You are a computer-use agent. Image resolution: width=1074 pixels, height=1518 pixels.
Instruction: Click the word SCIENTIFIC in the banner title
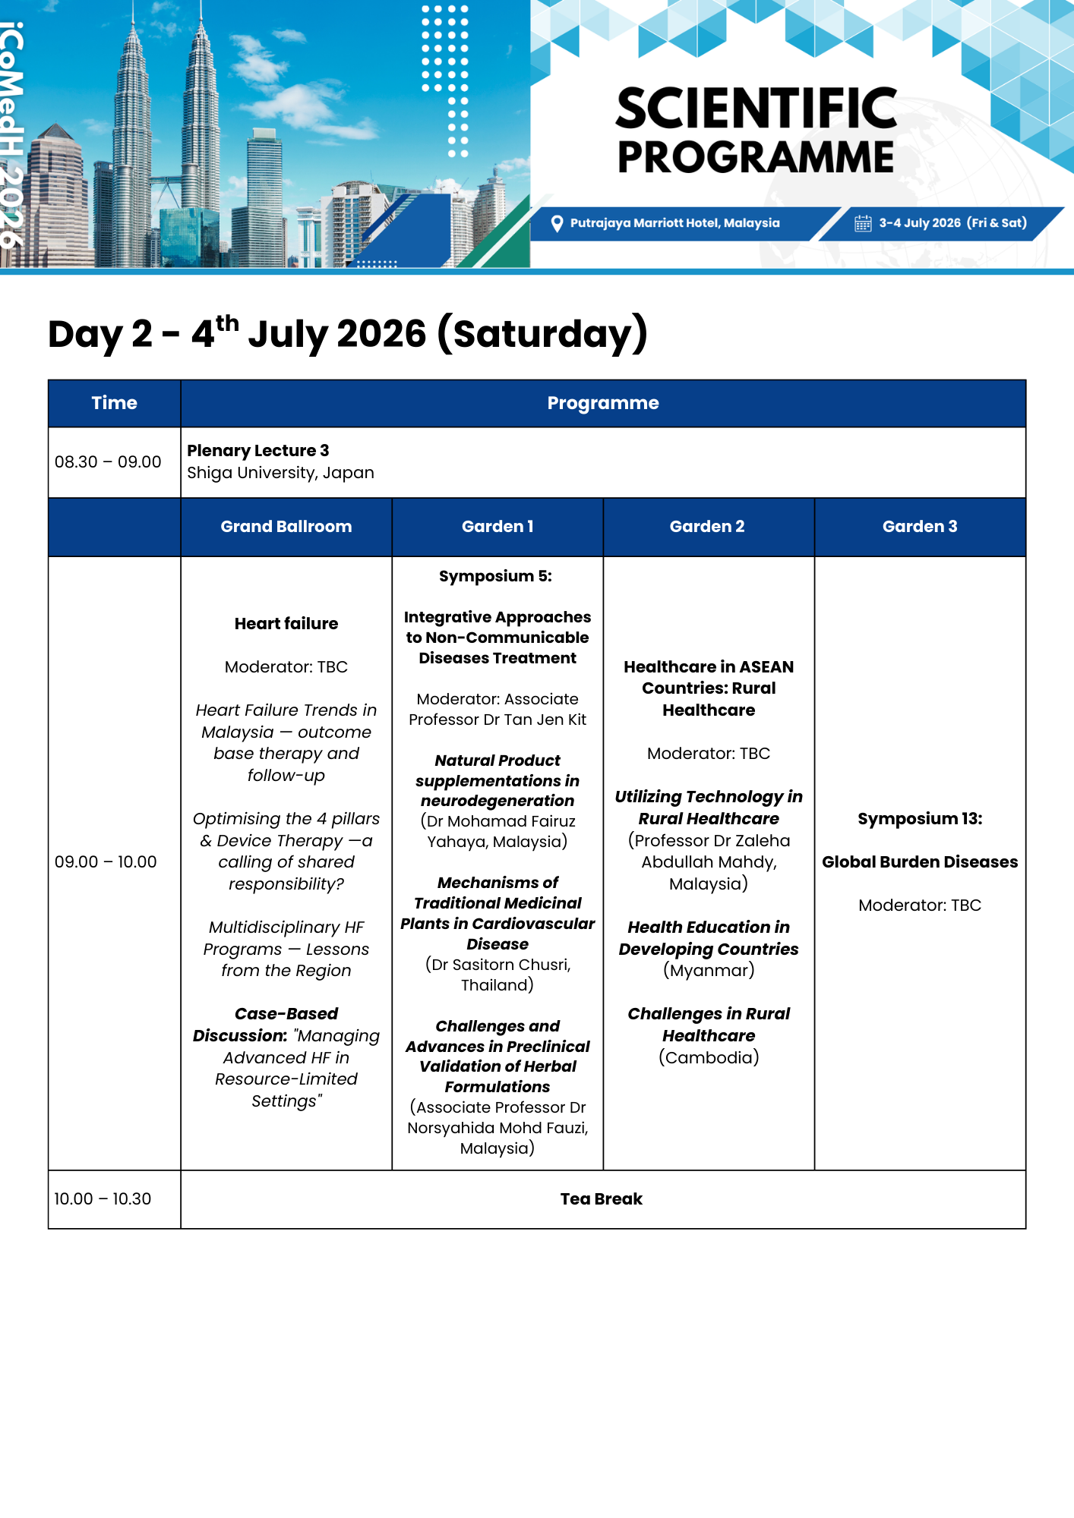point(756,109)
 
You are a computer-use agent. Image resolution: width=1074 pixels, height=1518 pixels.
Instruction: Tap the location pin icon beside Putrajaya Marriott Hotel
point(557,223)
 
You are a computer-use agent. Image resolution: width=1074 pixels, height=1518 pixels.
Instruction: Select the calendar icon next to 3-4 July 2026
point(863,223)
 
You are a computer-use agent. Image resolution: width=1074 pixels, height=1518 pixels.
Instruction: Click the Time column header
point(114,403)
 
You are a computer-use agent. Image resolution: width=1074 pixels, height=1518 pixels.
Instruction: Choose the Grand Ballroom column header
point(286,527)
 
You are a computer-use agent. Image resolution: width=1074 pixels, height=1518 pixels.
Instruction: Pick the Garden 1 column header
point(498,527)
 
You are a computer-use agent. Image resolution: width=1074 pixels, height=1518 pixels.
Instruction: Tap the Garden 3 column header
point(919,527)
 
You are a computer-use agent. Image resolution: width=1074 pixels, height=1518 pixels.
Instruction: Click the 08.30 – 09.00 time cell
point(108,462)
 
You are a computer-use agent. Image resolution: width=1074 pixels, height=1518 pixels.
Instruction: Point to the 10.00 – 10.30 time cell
point(103,1199)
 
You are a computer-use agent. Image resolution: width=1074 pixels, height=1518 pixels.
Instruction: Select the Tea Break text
point(601,1199)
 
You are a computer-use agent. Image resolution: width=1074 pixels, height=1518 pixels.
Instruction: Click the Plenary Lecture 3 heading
point(258,451)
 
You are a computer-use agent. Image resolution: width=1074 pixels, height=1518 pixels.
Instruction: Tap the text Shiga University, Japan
point(280,473)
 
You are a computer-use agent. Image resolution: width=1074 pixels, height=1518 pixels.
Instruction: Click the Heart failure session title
point(286,624)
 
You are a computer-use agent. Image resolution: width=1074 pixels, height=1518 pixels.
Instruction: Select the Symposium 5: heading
point(495,576)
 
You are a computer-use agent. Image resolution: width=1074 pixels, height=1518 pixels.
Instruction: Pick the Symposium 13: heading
point(919,819)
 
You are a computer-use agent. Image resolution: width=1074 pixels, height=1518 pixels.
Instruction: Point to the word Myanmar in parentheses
point(709,971)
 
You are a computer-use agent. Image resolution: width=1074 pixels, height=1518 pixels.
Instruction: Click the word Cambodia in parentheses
point(709,1058)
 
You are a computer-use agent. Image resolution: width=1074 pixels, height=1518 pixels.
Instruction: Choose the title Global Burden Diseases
point(919,862)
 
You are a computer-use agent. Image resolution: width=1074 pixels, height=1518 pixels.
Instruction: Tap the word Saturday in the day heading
point(543,335)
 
